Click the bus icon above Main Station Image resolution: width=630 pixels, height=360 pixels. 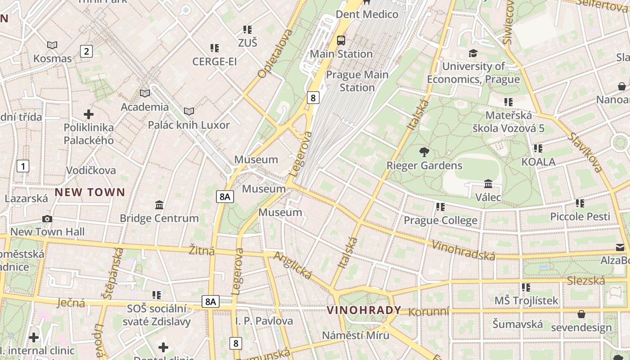tap(341, 40)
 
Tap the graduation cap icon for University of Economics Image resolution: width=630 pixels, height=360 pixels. tap(473, 54)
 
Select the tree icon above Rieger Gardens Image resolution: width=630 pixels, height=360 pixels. tap(424, 152)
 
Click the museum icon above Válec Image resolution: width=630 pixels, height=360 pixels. tap(488, 184)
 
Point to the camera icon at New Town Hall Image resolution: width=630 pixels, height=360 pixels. tap(47, 219)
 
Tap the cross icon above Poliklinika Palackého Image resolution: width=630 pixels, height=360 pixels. tap(89, 114)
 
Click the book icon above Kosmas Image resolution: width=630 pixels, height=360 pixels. tap(52, 45)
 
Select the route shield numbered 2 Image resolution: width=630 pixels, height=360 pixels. tap(86, 51)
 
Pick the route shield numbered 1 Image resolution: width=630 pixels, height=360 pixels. tap(23, 166)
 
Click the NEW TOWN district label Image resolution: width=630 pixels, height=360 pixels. tap(90, 193)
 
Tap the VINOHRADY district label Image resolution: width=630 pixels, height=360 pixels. tap(364, 310)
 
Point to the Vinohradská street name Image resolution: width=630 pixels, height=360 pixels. tap(463, 250)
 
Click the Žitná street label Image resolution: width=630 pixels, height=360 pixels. tap(202, 251)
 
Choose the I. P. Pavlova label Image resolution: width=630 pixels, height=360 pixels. tap(264, 321)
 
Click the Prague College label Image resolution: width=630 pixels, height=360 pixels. tap(440, 220)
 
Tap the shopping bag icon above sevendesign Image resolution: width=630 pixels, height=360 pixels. tap(581, 314)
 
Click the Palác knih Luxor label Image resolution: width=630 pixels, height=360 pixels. tap(189, 125)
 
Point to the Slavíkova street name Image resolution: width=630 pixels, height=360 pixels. tap(585, 152)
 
